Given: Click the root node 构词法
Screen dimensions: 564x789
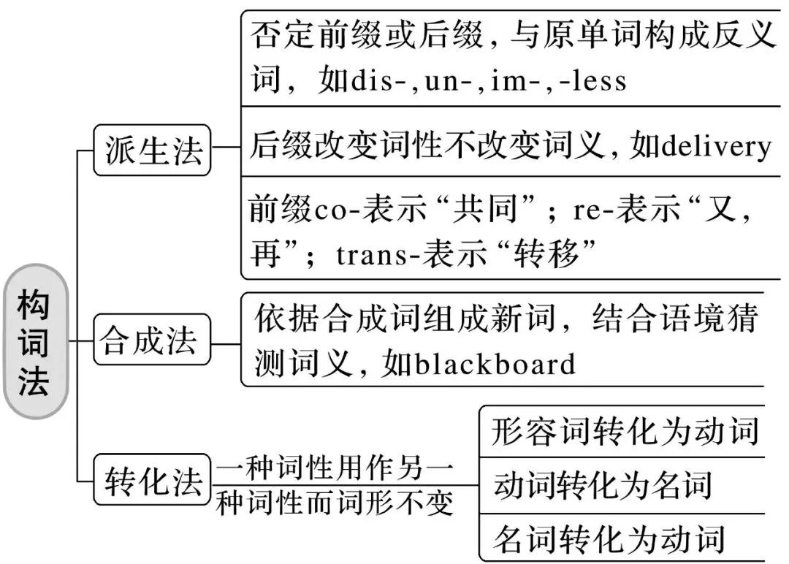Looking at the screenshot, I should click(34, 342).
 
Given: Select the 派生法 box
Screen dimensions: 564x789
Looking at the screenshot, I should click(152, 150).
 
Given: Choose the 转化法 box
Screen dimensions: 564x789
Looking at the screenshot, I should click(152, 479).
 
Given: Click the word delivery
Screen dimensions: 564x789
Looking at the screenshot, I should click(715, 147).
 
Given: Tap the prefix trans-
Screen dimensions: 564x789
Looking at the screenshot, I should click(372, 255).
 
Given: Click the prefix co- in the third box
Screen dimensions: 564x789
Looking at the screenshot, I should click(326, 211).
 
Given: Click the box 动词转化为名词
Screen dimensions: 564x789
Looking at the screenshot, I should click(603, 484).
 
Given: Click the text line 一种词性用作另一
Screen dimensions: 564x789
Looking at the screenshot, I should click(335, 468).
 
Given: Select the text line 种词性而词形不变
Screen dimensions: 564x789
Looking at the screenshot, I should click(335, 503).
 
